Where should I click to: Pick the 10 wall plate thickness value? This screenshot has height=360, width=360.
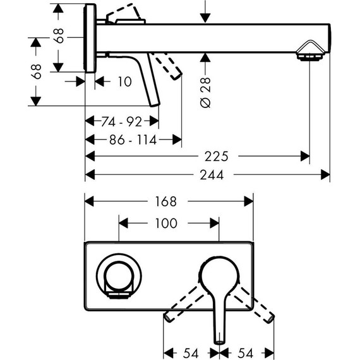[125, 81]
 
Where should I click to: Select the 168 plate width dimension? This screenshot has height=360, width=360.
[169, 201]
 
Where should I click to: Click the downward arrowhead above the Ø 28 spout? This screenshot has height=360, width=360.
[205, 16]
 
